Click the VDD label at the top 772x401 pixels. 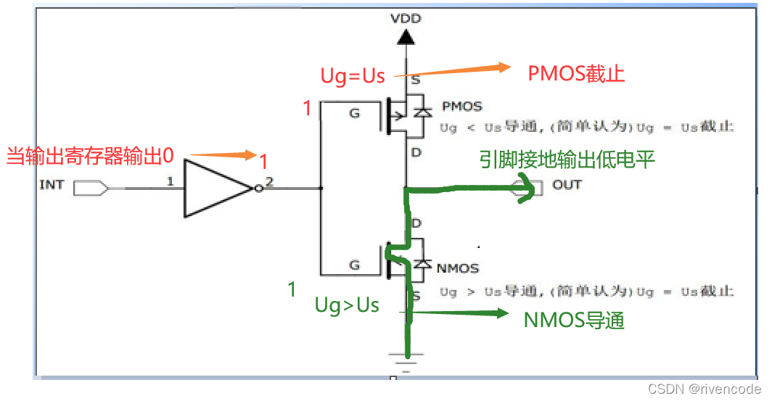[406, 17]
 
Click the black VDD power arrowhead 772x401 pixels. [407, 36]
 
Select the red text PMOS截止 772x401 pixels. [577, 73]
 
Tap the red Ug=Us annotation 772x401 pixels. [353, 76]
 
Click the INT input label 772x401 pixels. [52, 185]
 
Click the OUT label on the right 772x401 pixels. [567, 184]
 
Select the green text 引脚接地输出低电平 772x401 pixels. [567, 160]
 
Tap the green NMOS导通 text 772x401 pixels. [574, 321]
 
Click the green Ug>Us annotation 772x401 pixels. [347, 305]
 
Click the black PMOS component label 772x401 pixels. [461, 107]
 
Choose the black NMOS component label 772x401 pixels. [458, 268]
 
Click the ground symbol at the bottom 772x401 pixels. [408, 362]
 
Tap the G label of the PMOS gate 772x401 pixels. [354, 113]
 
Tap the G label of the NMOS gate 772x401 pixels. [354, 265]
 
